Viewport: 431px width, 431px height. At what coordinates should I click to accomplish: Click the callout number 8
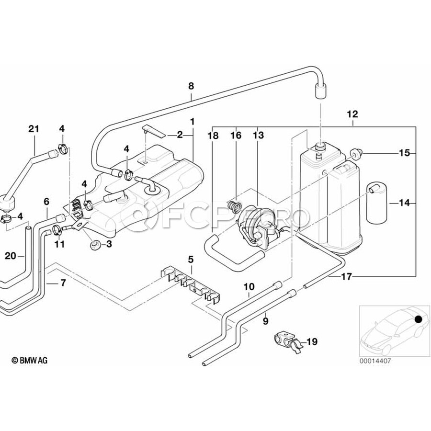tap(191, 86)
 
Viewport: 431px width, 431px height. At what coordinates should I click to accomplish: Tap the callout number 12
tap(352, 114)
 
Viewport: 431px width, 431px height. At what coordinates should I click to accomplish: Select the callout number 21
tap(34, 129)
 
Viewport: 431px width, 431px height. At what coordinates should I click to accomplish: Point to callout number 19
tap(312, 341)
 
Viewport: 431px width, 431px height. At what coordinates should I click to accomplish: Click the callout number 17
tap(346, 276)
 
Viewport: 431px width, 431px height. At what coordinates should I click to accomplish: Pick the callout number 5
tap(191, 259)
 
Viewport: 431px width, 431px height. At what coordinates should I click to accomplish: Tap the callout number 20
tap(11, 256)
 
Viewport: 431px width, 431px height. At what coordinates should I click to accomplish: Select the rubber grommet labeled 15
tap(356, 153)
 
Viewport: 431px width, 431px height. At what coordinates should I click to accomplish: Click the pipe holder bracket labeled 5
tap(193, 284)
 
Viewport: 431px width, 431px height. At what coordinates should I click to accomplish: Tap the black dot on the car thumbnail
tap(418, 319)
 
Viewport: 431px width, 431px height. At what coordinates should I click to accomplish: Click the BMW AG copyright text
tap(29, 360)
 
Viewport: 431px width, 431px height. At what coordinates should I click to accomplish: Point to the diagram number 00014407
tap(374, 361)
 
